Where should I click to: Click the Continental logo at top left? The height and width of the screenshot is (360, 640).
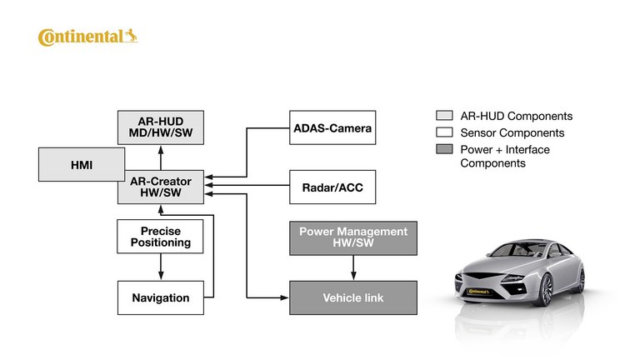[87, 37]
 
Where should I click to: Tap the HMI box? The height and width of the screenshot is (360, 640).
[81, 165]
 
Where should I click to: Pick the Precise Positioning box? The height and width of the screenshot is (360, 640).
[160, 237]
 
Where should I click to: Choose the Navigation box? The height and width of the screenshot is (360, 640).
[160, 297]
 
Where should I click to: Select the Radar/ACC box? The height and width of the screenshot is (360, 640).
[332, 187]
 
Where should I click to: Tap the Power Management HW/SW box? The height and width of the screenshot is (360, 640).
[352, 237]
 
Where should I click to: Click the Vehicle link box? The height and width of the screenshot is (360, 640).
[352, 297]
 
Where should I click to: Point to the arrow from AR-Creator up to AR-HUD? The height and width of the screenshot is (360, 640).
[160, 157]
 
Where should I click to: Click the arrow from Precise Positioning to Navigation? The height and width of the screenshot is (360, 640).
[160, 267]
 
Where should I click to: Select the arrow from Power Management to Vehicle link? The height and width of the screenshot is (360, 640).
[353, 267]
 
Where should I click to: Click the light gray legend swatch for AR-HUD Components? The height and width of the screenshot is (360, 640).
[444, 117]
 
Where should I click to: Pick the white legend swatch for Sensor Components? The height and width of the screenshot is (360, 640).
[444, 132]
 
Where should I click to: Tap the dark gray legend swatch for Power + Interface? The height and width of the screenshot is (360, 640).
[444, 150]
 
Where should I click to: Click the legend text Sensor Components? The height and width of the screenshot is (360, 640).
[512, 132]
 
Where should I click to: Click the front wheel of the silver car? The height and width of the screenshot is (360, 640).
[546, 289]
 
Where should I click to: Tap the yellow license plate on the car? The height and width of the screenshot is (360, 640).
[478, 292]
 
